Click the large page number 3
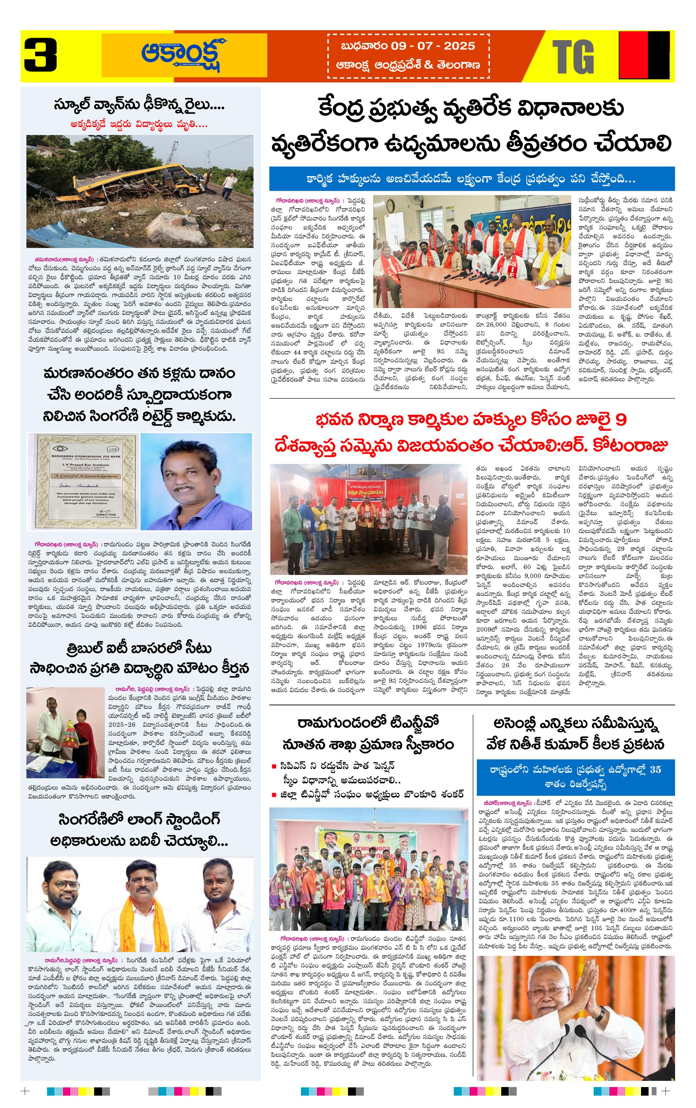[41, 56]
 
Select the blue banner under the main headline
[472, 179]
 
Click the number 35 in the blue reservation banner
[655, 769]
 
